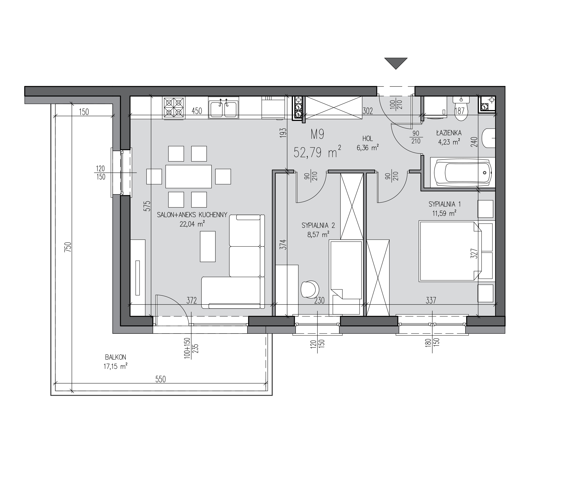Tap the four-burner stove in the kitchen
tap(174, 108)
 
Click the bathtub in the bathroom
tap(463, 173)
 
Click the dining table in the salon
tap(189, 176)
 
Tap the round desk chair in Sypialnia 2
tap(310, 290)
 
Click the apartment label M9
tap(317, 135)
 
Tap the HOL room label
tap(368, 139)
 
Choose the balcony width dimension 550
tap(161, 379)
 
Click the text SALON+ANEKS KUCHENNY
tap(192, 215)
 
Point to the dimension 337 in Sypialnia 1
tap(431, 300)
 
